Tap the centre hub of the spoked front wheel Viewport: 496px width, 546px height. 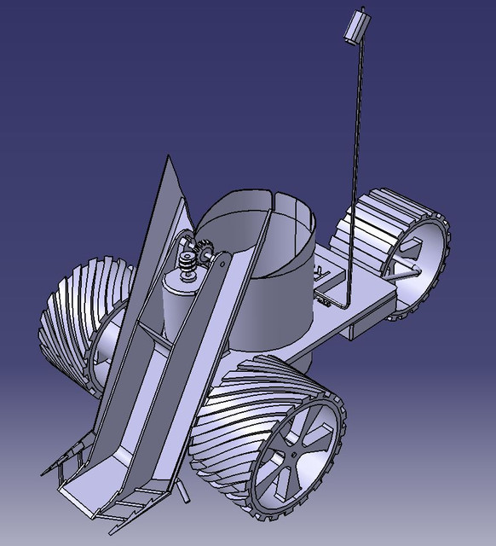pyautogui.click(x=294, y=455)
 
